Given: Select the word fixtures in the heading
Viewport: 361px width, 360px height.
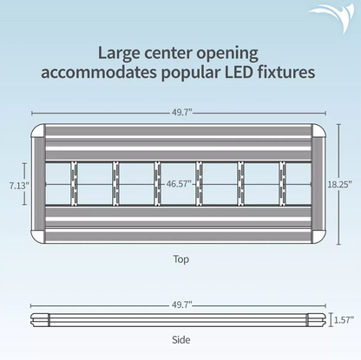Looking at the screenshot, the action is point(286,72).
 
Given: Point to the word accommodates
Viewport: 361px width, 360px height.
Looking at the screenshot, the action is point(99,73).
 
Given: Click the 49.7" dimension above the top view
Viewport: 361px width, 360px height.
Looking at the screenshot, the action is point(182,113).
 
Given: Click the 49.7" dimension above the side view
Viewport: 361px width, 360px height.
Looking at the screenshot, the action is point(182,304).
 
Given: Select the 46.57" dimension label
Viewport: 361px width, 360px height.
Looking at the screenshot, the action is point(179,184).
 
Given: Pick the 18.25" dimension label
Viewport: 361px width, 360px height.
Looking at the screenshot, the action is point(340,184).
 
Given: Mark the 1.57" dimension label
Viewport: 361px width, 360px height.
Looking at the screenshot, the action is point(345,320).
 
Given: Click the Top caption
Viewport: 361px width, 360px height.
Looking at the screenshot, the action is point(181,259).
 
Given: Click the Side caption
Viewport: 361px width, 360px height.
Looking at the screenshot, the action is point(181,339).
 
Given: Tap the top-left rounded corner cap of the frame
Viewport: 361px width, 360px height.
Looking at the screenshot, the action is point(38,131).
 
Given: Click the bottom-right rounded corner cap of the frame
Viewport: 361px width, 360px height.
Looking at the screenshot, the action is point(318,236).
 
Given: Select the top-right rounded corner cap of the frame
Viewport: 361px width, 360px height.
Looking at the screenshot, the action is point(318,131).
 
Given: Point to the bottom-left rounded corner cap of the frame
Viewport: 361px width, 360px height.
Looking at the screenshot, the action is point(38,236).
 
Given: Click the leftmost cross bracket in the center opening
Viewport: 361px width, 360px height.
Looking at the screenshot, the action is point(75,184).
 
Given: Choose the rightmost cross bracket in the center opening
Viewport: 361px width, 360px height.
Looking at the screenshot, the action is point(282,184).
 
